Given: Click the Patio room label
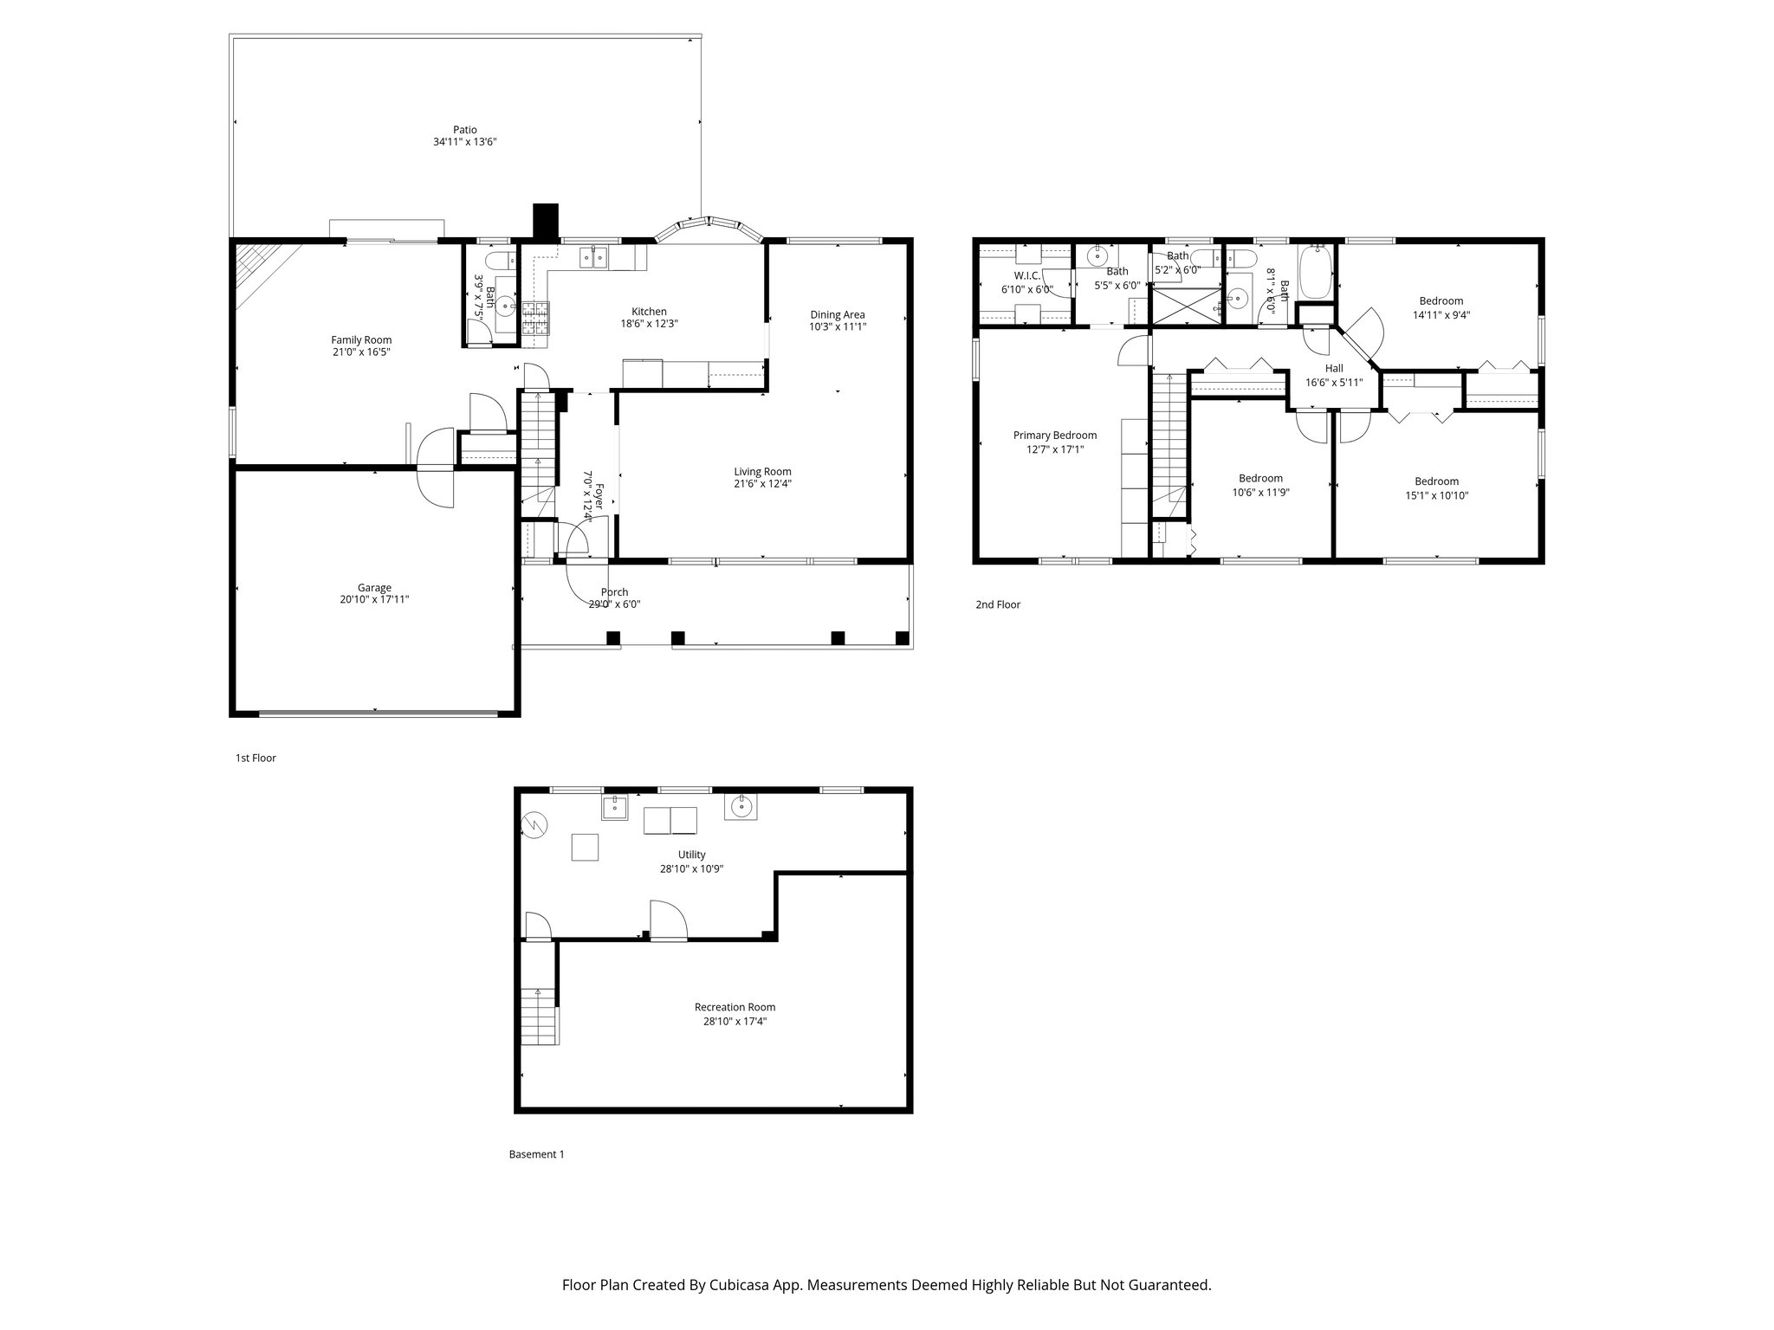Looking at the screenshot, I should click(x=464, y=130).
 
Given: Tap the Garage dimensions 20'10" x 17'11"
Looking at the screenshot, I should click(x=374, y=599).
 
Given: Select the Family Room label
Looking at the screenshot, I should click(x=361, y=340).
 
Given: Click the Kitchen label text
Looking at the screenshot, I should click(x=649, y=312).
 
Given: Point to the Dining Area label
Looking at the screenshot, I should click(x=837, y=315).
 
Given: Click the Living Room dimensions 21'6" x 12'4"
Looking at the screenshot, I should click(x=762, y=484).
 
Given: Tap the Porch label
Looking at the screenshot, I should click(x=614, y=592).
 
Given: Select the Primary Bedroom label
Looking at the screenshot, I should click(x=1055, y=436).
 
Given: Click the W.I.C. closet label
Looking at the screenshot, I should click(x=1026, y=276).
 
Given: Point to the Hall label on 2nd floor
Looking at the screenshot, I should click(x=1334, y=368).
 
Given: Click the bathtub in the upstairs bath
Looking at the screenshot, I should click(x=1315, y=271).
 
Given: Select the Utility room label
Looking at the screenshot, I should click(x=691, y=855).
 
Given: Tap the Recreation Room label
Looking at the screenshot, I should click(x=735, y=1007).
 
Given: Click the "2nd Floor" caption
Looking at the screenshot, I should click(x=998, y=604).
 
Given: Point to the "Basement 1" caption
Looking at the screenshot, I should click(x=536, y=1154).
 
